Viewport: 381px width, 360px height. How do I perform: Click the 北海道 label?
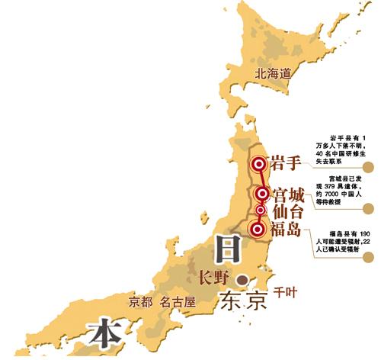coord(274,75)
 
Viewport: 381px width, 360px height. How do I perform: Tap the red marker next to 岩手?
coord(259,163)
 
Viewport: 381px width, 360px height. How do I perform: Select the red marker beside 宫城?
coord(262,194)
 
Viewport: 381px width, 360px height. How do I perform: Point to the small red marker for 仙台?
coord(261,210)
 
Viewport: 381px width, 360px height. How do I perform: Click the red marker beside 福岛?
coord(258,227)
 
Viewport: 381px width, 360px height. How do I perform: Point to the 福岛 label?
coord(290,228)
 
